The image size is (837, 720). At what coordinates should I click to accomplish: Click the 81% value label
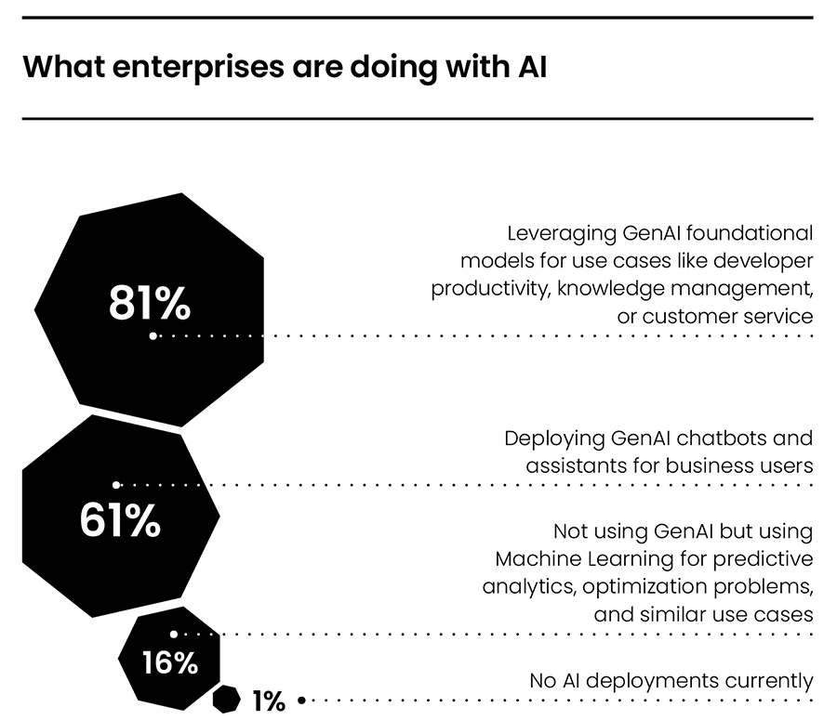click(150, 304)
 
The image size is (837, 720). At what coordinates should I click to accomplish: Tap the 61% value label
click(120, 521)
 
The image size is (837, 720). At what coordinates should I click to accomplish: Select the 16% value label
click(169, 663)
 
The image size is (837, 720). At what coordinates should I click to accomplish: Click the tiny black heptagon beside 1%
click(226, 699)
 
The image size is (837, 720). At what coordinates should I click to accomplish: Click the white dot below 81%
click(153, 336)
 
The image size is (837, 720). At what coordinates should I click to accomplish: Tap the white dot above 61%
click(116, 485)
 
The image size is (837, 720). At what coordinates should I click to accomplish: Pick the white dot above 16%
click(174, 635)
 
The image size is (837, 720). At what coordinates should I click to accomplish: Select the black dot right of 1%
click(300, 700)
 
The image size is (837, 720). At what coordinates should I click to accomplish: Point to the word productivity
click(489, 288)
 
